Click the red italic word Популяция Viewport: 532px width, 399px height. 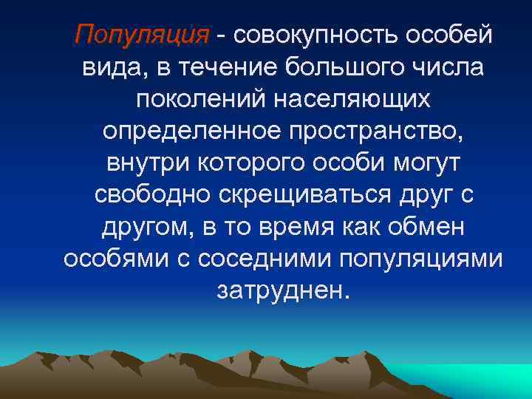tap(142, 34)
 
